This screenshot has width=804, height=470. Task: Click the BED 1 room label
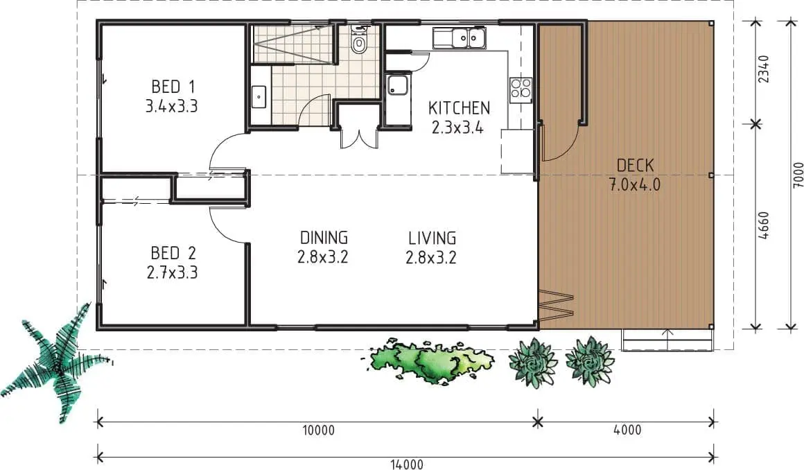coord(173,86)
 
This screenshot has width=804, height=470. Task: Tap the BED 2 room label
coord(173,253)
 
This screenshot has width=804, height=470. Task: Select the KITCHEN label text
coord(459,108)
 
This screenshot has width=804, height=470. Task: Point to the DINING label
coord(324,238)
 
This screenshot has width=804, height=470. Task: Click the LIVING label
coord(432,238)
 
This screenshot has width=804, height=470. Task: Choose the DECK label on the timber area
coord(635,165)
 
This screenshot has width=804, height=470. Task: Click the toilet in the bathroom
coord(359,41)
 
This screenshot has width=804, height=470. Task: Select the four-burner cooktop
coord(521,88)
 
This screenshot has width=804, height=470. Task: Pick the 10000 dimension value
coord(318,430)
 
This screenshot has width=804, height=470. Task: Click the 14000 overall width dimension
coord(407,464)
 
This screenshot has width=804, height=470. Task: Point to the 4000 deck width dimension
coord(628,430)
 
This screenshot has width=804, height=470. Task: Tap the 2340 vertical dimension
coord(764,69)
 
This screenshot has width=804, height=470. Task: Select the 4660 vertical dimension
coord(764,225)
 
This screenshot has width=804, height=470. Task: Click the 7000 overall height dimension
coord(798,175)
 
